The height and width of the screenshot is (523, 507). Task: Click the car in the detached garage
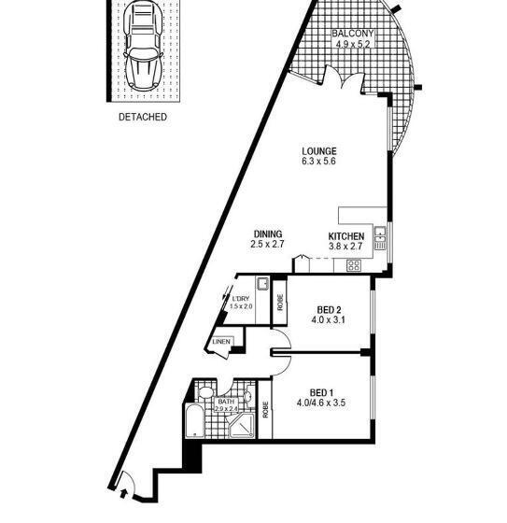point(143,50)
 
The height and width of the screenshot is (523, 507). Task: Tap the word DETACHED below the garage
point(143,118)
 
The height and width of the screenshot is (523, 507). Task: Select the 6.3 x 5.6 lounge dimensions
point(318,162)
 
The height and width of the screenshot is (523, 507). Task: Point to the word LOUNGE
point(318,150)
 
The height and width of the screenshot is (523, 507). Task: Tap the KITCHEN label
point(345,236)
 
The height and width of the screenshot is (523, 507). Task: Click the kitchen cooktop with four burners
point(354,265)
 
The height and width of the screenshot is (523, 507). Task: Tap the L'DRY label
point(242,299)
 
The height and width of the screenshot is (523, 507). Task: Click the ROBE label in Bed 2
point(279,303)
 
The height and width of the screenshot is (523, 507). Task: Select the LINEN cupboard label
point(221,342)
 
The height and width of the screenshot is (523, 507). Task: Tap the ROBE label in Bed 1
point(266,408)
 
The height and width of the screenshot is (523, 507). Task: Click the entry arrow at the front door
point(122,486)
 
